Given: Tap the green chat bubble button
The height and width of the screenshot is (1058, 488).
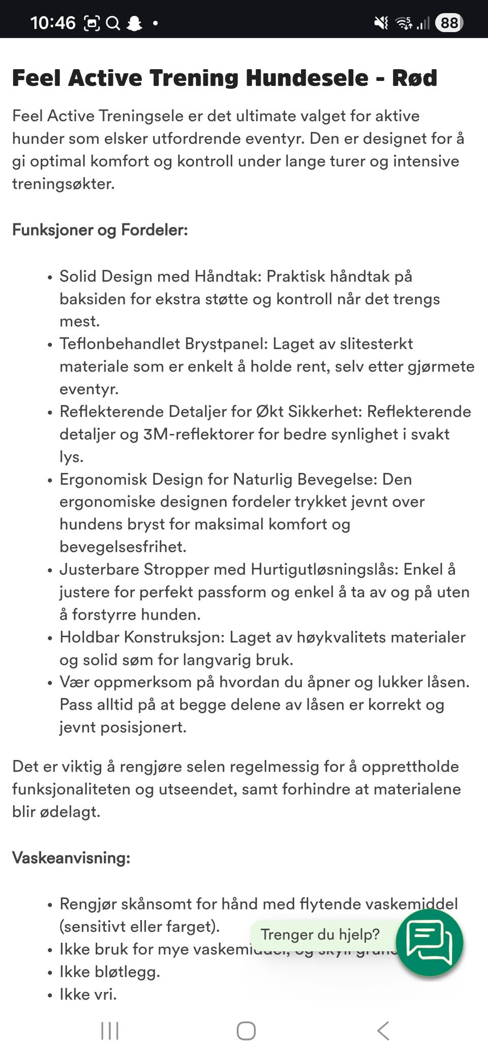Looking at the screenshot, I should click(430, 943).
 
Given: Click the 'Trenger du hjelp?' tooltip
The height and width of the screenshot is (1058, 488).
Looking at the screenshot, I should click(320, 934).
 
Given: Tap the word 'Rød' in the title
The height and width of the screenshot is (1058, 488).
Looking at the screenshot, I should click(414, 78).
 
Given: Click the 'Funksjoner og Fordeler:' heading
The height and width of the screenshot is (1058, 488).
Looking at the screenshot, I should click(100, 230).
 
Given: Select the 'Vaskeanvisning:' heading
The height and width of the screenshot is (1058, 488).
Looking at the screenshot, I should click(71, 858).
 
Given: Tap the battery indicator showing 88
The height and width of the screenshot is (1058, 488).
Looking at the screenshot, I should click(449, 23).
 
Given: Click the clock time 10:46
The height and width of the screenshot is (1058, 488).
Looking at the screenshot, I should click(52, 23).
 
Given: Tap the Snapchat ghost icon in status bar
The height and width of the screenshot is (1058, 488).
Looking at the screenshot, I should click(134, 23).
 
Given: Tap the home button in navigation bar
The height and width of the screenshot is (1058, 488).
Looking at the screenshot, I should click(246, 1031).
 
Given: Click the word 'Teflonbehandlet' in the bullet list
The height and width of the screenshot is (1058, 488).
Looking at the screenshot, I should click(120, 344).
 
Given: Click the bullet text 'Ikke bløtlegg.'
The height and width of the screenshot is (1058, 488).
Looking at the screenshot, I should click(110, 972).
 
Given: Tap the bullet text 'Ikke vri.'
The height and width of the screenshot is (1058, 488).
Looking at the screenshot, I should click(88, 994).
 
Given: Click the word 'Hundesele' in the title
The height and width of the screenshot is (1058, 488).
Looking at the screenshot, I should click(307, 78).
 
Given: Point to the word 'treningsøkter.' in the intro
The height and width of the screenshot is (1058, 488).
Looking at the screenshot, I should click(64, 184).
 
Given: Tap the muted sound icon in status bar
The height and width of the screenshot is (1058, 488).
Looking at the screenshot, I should click(381, 23).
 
